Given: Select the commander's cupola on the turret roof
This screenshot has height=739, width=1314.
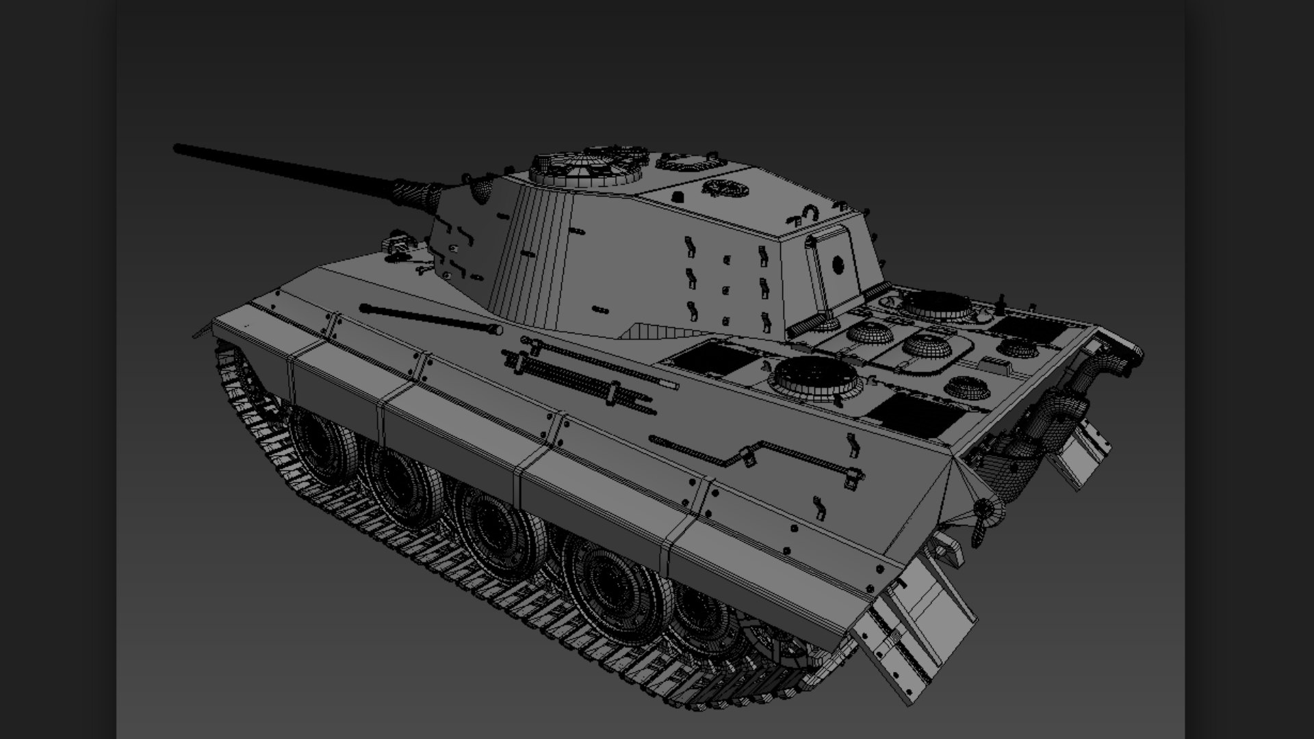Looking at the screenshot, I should click(x=587, y=168).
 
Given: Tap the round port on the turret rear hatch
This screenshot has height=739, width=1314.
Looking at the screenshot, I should click(x=836, y=265).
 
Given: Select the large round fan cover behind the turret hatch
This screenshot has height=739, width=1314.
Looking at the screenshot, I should click(x=937, y=305).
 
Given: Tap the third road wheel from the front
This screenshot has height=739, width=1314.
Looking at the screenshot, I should click(x=497, y=524).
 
